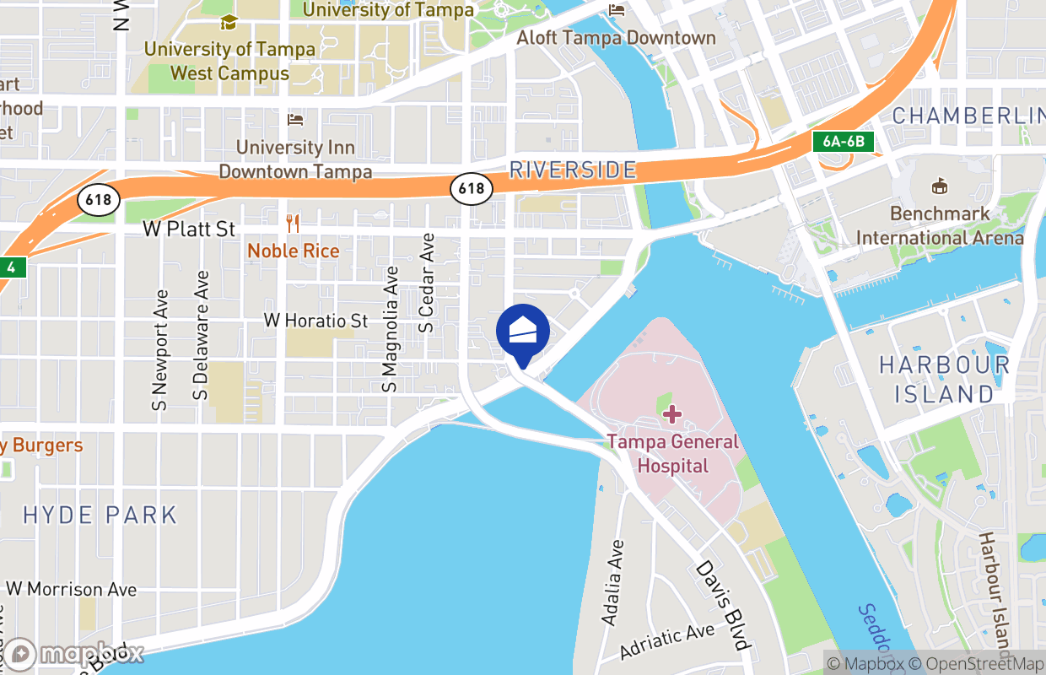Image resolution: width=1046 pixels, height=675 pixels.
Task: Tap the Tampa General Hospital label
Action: point(672,453)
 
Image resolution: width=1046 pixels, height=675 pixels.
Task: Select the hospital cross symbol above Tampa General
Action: point(672,413)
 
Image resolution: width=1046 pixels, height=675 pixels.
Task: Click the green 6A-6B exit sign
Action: point(843,141)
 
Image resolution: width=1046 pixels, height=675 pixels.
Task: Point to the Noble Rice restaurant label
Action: point(293,251)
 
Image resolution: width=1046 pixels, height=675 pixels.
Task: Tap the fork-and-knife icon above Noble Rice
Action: point(293,224)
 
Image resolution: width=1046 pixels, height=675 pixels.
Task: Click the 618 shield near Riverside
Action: point(472,188)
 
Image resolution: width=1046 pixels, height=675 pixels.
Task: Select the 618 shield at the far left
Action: point(99,200)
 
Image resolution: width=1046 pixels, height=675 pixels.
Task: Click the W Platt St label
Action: point(189,229)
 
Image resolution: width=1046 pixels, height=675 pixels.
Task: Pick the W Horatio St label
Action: point(315,321)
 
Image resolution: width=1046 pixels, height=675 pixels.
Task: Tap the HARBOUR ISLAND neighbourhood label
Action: point(944,379)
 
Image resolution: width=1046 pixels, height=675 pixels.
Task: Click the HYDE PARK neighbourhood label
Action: point(100,515)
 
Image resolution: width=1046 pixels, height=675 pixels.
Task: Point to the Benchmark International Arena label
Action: point(940,225)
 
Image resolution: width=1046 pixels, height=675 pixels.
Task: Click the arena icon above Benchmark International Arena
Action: point(939,186)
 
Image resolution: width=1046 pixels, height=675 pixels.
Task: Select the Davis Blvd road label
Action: point(723,605)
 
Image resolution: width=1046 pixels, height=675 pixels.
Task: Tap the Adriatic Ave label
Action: point(666,643)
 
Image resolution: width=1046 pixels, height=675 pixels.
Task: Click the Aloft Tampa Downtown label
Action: point(616,38)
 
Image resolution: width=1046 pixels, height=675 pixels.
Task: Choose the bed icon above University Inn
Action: point(295,119)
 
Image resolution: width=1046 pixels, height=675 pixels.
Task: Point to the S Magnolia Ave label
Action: point(390,330)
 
